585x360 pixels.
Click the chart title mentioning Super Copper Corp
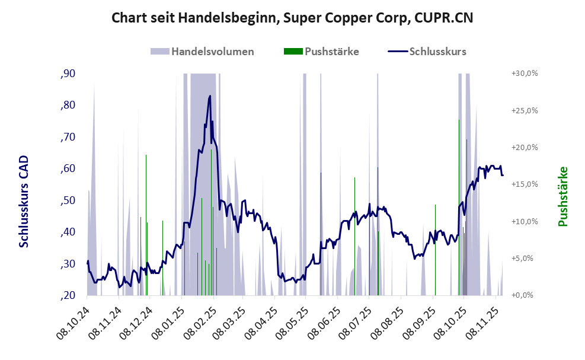(x=292, y=18)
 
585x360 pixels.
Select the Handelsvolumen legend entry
(x=212, y=51)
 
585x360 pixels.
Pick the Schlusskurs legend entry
(x=437, y=51)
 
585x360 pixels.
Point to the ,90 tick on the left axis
(x=67, y=74)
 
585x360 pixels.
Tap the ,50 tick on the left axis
(x=67, y=200)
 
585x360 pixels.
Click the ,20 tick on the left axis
(x=67, y=295)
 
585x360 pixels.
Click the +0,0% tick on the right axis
(x=525, y=295)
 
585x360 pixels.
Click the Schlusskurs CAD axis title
(x=24, y=202)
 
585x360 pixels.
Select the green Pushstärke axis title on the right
(x=562, y=196)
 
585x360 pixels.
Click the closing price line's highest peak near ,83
(x=210, y=96)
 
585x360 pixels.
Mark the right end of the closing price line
(x=503, y=175)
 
